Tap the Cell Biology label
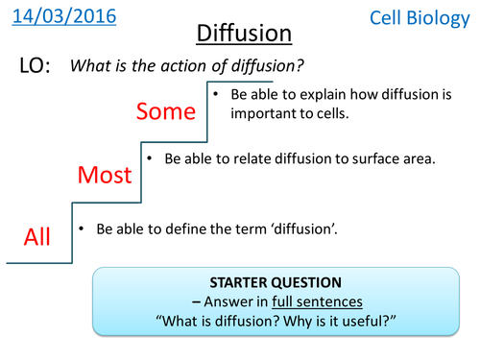423,17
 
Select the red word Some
165,111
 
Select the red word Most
103,175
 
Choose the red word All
36,236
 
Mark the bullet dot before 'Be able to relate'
148,158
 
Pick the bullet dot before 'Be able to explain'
217,95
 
